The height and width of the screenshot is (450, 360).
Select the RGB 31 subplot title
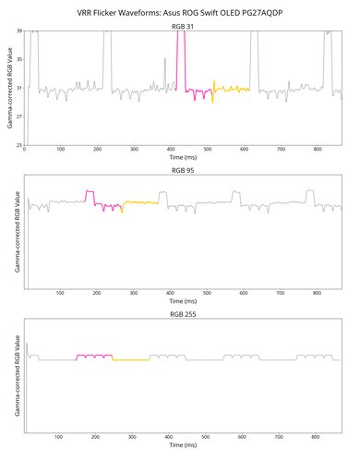click(183, 26)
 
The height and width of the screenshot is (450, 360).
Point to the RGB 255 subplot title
click(183, 314)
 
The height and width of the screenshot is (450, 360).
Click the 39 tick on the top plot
click(19, 31)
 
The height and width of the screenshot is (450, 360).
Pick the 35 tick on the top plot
click(19, 60)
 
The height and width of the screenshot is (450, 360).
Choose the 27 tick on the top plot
click(19, 117)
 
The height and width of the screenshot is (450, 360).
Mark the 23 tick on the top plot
click(19, 146)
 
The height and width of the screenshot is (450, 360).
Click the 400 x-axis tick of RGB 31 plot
click(171, 151)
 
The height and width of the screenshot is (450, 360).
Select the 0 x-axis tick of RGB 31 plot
click(25, 151)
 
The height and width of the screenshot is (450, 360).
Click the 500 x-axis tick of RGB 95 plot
click(208, 295)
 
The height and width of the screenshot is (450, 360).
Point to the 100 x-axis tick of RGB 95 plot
click(61, 295)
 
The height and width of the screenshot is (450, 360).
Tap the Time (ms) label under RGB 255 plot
click(183, 445)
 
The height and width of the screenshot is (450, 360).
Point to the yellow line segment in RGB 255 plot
click(131, 359)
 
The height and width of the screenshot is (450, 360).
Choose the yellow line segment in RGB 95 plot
click(141, 202)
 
